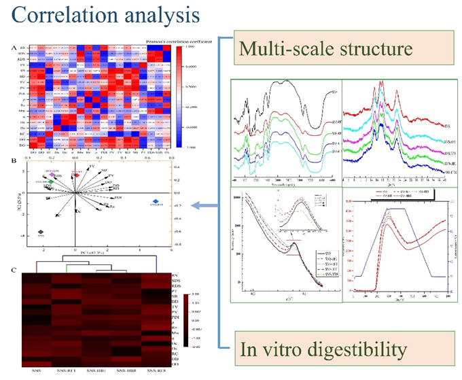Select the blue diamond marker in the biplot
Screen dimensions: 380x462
click(157, 201)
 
